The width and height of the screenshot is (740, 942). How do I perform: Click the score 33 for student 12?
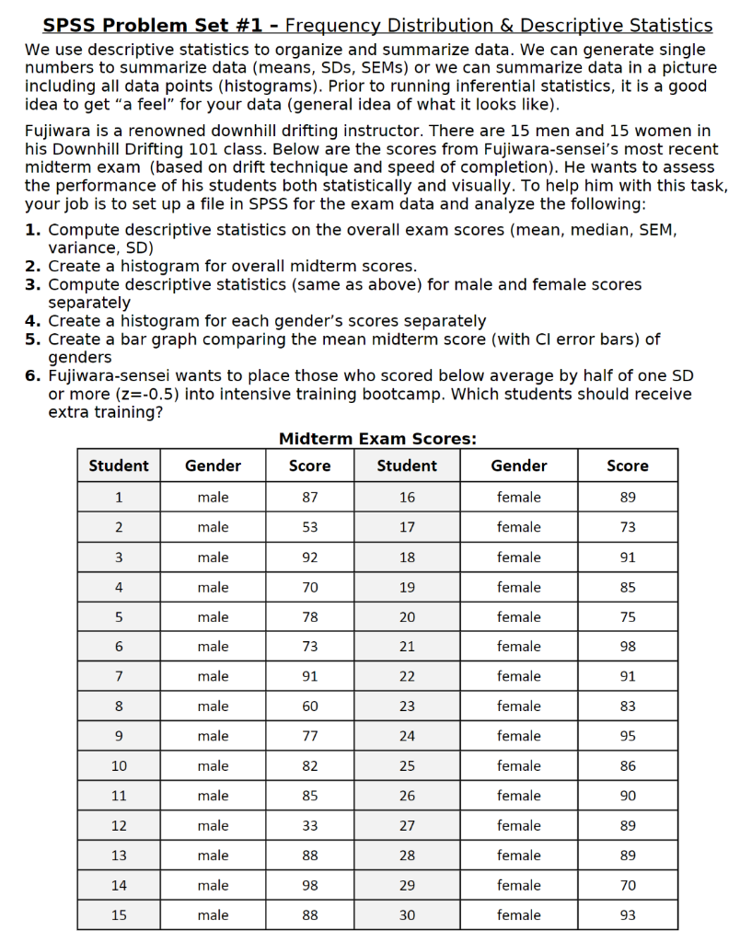[x=310, y=825]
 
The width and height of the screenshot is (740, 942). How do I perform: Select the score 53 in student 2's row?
[x=310, y=527]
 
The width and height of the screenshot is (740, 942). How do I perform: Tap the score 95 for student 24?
[x=628, y=736]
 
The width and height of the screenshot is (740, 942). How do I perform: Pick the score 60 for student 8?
[x=310, y=706]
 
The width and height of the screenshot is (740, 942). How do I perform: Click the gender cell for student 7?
[x=213, y=676]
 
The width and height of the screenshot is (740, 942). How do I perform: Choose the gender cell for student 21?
[x=519, y=647]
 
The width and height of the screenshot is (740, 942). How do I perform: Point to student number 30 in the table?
[x=407, y=915]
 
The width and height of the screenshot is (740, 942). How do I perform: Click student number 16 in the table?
[x=407, y=497]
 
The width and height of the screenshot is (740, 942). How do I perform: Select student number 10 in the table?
[x=119, y=765]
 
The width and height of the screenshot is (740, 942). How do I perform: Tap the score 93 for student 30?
[x=628, y=915]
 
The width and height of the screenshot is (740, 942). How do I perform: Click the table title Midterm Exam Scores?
[x=377, y=439]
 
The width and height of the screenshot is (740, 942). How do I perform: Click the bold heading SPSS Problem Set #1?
[x=147, y=26]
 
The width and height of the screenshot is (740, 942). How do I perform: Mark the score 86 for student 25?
[x=628, y=765]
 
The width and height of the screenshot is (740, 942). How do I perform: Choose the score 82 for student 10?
[x=310, y=765]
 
